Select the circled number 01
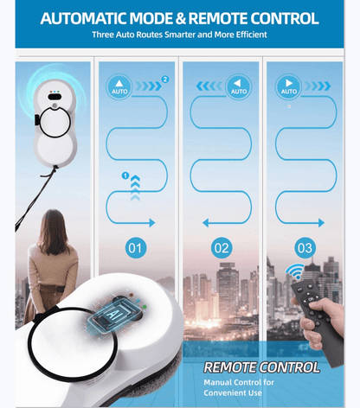(x=135, y=249)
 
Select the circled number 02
(x=222, y=249)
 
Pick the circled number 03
(x=305, y=249)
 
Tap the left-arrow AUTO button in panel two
(x=236, y=86)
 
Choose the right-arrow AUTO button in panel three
(x=288, y=86)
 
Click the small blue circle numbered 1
(x=125, y=175)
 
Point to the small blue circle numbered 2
(x=165, y=80)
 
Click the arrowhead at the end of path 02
(x=205, y=223)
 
